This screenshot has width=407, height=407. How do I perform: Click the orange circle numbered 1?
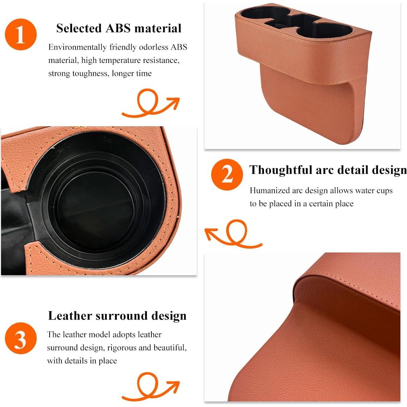coord(21,35)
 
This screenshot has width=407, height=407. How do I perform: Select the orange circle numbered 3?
coord(21,338)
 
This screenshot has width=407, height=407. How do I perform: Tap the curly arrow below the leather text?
coord(150,386)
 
